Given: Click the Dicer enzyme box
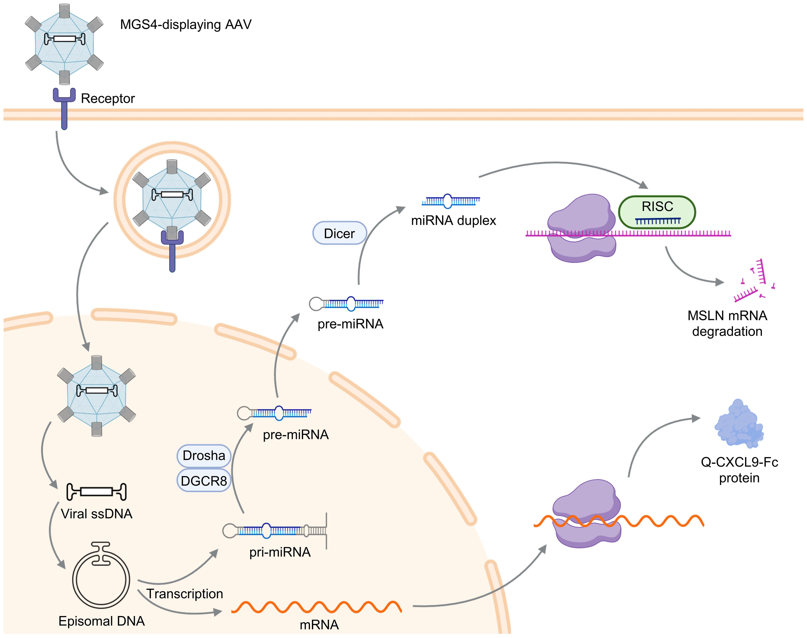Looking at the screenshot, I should click(x=339, y=233).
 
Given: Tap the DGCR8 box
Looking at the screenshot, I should click(x=204, y=481).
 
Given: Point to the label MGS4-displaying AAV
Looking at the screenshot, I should click(x=186, y=25).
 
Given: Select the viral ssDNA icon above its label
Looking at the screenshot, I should click(x=96, y=491).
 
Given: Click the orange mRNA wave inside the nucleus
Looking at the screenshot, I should click(x=316, y=607).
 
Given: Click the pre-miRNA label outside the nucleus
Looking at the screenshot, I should click(x=350, y=324).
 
